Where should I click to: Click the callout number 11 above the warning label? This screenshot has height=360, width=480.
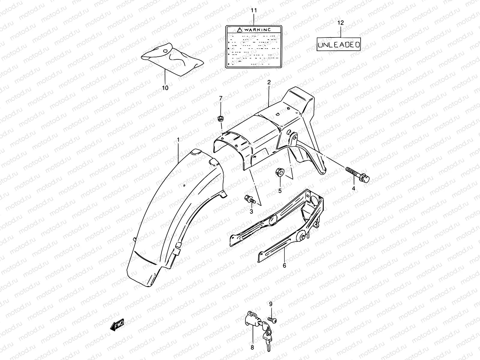[254, 11]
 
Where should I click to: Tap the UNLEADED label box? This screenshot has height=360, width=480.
[339, 45]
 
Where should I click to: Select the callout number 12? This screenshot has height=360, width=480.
[340, 23]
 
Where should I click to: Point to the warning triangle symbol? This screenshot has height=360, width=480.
[239, 30]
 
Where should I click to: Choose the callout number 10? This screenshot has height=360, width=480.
[165, 88]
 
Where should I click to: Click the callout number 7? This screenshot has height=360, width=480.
[221, 98]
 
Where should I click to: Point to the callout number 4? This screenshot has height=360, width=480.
[353, 188]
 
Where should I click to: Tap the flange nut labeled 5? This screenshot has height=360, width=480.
[279, 173]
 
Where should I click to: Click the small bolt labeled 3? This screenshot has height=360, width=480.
[249, 199]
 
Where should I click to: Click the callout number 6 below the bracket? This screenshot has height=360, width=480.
[284, 265]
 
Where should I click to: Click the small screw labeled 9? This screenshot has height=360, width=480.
[273, 320]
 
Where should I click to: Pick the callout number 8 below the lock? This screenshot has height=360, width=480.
[252, 347]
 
